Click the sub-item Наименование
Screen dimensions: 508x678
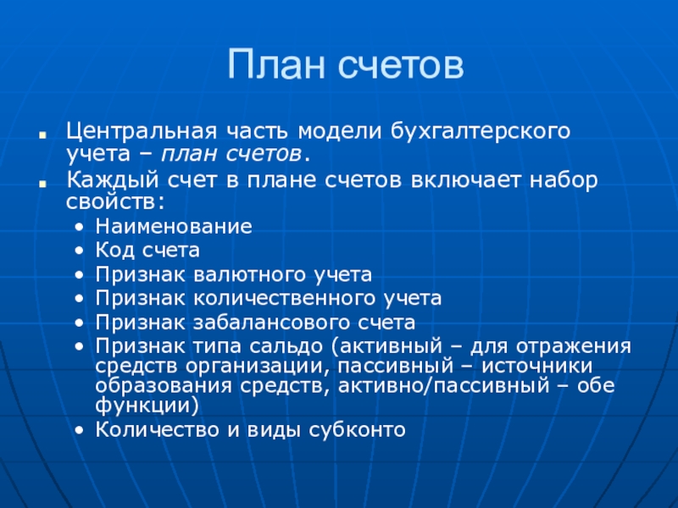[174, 227]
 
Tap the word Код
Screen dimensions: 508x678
[114, 251]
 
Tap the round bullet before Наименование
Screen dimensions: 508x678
[79, 228]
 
